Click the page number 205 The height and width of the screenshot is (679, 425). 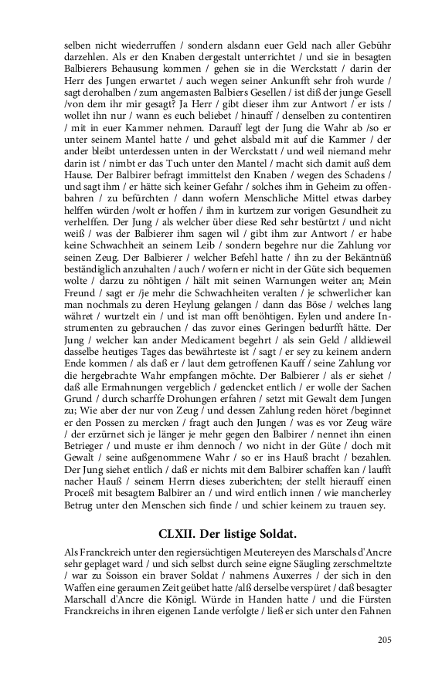pyautogui.click(x=384, y=639)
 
